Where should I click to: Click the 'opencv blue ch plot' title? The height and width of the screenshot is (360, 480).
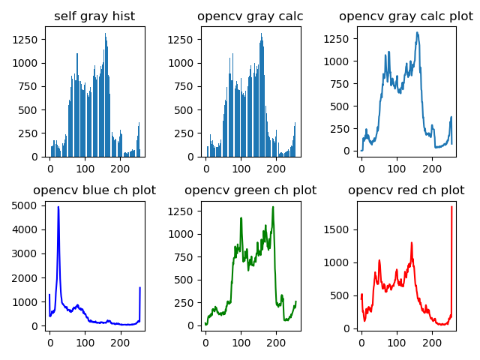coord(94,190)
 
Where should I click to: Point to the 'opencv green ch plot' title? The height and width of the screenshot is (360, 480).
coord(250,190)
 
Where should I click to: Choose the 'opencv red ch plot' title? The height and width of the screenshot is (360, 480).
coord(406,190)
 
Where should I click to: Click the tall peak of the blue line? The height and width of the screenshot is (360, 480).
coord(58,207)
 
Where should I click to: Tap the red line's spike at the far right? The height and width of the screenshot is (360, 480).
coord(451,207)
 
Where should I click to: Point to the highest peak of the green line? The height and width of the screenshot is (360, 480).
coord(273,207)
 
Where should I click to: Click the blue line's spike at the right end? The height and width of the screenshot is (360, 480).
coord(139,288)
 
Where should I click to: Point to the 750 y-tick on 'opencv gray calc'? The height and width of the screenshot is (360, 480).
coord(188,86)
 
